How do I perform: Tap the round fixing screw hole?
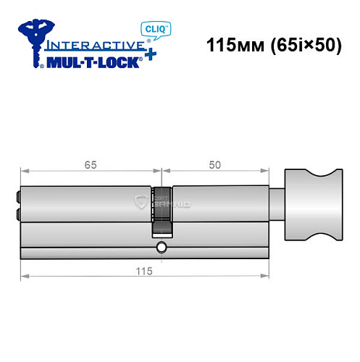click(161, 250)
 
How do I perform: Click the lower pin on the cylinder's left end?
click(16, 214)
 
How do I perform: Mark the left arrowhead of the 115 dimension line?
click(24, 276)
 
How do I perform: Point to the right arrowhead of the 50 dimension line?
click(266, 172)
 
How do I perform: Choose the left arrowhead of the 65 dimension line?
click(24, 172)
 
